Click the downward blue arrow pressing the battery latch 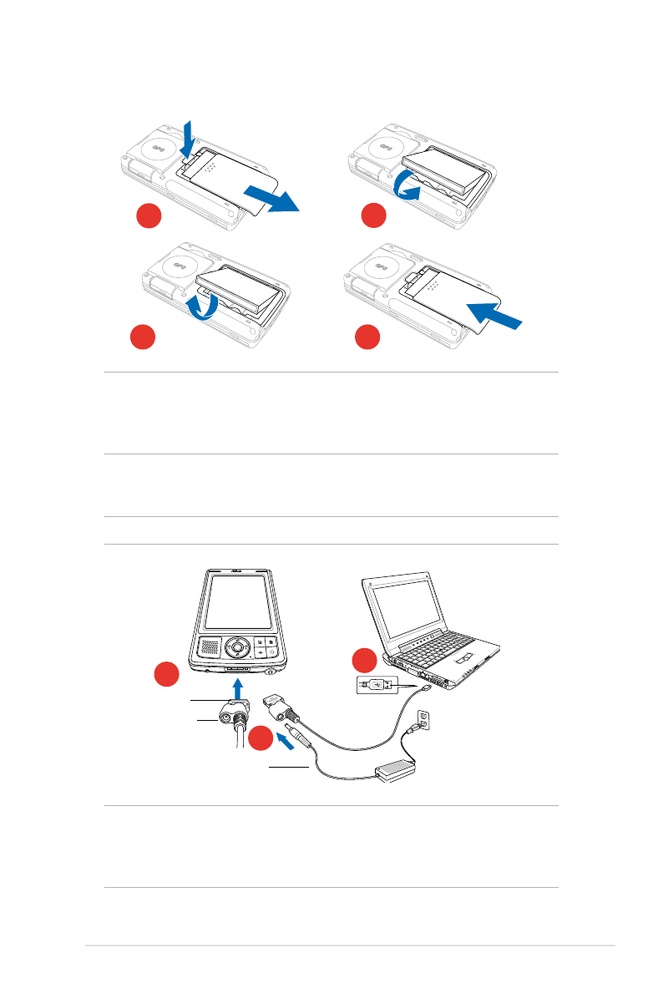tap(188, 135)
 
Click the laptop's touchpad tap(470, 655)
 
